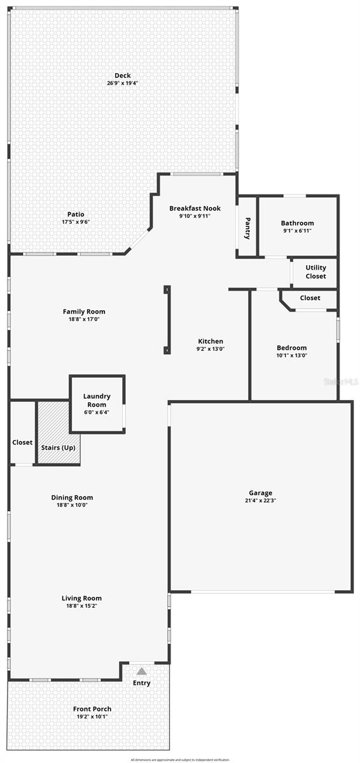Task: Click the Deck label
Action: coord(122,76)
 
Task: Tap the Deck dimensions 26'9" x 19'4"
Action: coord(122,83)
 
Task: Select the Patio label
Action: coord(76,214)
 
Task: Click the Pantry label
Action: coord(247,228)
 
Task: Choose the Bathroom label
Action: coord(297,223)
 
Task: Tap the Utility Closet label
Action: coord(315,272)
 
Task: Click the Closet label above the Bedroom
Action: coord(310,298)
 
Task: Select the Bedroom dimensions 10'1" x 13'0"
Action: coord(291,355)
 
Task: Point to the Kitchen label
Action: coord(210,341)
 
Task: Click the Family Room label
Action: coord(84,312)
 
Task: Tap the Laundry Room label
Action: coord(97,401)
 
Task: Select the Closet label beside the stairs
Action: coord(22,442)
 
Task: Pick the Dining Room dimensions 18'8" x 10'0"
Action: coord(72,505)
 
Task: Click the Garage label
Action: coord(260,493)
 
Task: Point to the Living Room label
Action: coord(81,598)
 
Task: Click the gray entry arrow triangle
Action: coord(142,671)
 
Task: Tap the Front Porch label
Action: coord(92,709)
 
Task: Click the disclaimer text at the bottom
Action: coord(180,759)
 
